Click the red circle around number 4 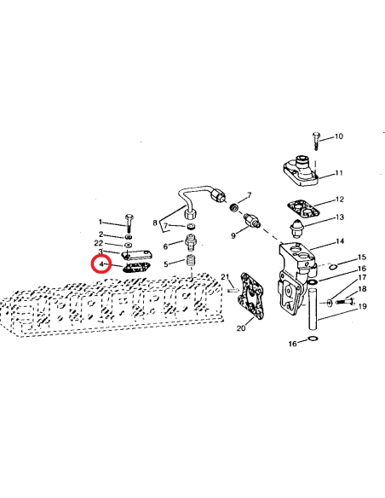[x=101, y=264]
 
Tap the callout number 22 [x=101, y=243]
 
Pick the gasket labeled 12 [x=302, y=207]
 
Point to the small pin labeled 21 [x=233, y=290]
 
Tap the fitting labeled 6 [x=192, y=241]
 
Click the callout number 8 [x=155, y=223]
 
